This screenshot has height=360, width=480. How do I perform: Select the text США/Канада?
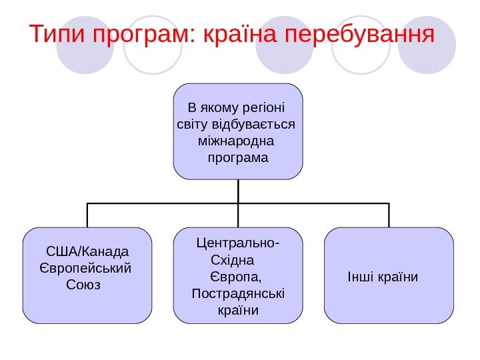tap(87, 252)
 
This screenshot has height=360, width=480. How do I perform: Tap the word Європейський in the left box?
tap(86, 268)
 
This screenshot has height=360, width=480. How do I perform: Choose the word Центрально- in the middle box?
tap(238, 242)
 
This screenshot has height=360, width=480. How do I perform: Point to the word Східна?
tap(228, 259)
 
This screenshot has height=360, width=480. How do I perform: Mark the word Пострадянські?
tap(238, 293)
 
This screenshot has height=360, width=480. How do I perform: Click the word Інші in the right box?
tap(360, 276)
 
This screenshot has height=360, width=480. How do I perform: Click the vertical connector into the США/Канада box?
tap(87, 215)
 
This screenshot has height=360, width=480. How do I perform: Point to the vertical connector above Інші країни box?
tap(389, 215)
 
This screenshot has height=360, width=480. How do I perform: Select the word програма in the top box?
tap(238, 158)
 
